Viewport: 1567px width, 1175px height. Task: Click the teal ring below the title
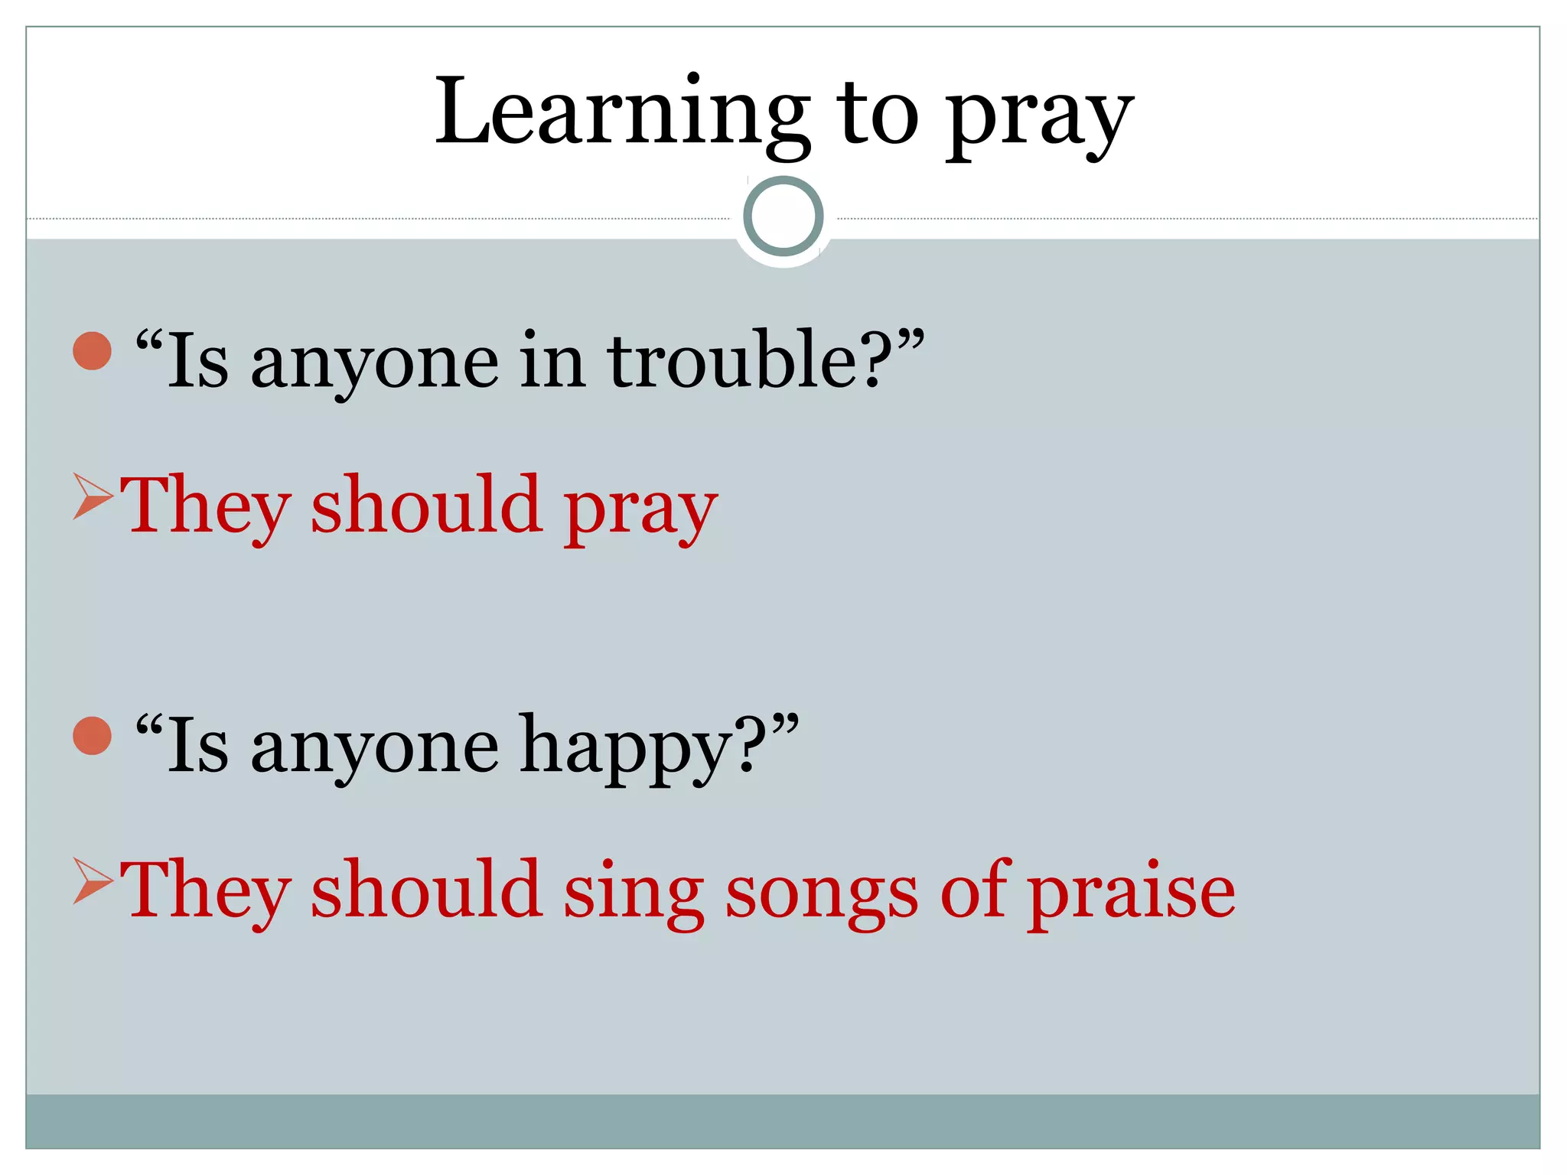(783, 216)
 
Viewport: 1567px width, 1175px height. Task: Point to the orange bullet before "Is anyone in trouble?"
(93, 351)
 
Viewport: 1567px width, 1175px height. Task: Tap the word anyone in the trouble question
(375, 363)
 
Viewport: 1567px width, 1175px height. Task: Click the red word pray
(640, 509)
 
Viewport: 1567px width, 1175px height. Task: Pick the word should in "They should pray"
(426, 504)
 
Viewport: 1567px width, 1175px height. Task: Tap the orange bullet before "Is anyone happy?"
(93, 736)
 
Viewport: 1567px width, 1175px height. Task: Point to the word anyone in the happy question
(375, 748)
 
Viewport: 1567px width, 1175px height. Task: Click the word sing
(634, 892)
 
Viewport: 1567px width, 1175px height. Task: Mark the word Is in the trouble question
(197, 360)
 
